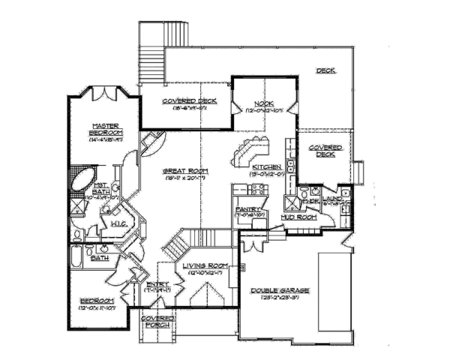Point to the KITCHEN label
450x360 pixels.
(266, 166)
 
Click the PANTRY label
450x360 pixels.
(247, 209)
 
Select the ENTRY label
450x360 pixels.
(158, 283)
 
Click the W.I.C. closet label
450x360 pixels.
(118, 223)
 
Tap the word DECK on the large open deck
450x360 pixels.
(325, 71)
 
